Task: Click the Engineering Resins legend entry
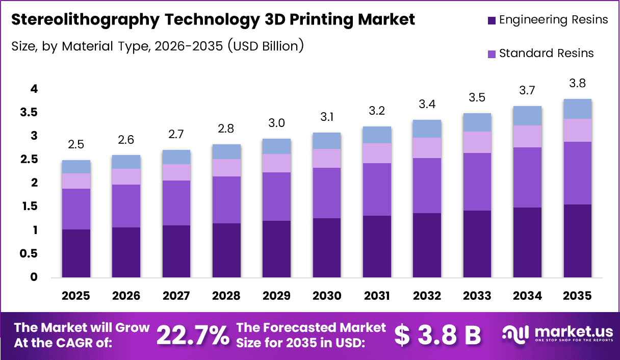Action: [548, 20]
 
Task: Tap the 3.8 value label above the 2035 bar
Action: [578, 83]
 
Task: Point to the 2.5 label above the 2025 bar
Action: [76, 144]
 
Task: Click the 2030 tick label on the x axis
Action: [327, 296]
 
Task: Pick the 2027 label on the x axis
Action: [176, 296]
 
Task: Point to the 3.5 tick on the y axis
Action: [29, 113]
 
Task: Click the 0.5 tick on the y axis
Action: [29, 254]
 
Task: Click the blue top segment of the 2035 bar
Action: [578, 109]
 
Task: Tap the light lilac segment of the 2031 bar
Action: [377, 153]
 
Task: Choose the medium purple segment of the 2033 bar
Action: [477, 182]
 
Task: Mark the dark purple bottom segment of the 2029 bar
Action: [277, 249]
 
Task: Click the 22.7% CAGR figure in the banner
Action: [192, 336]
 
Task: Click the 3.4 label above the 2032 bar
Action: [427, 105]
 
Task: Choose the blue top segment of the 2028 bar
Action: [226, 151]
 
